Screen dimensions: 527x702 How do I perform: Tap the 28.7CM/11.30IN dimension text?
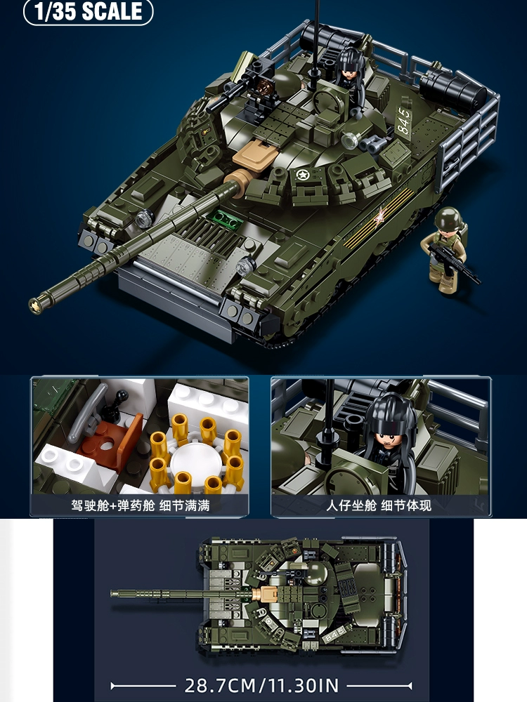pyautogui.click(x=261, y=685)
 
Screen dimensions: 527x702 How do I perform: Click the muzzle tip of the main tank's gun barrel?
pyautogui.click(x=34, y=305)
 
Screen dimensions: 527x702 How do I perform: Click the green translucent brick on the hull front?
pyautogui.click(x=225, y=219)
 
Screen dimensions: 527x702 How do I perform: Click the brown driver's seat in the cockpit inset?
pyautogui.click(x=110, y=442)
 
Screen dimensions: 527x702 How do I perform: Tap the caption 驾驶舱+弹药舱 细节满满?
pyautogui.click(x=141, y=506)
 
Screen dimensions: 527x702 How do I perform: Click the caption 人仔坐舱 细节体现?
pyautogui.click(x=379, y=506)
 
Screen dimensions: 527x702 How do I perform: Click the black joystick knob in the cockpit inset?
pyautogui.click(x=122, y=395)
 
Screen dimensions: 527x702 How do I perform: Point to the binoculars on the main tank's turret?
pyautogui.click(x=374, y=144)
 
